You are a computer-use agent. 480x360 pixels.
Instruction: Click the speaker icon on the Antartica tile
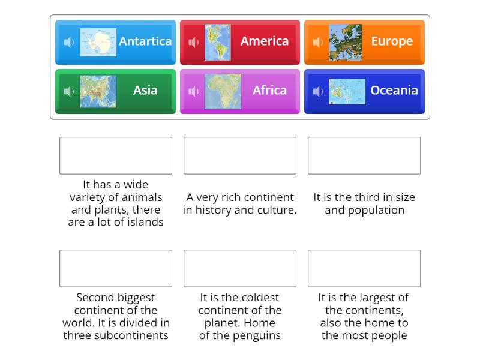coord(69,42)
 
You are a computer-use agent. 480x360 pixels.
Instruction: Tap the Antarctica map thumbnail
coord(98,42)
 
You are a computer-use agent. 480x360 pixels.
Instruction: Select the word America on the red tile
coord(264,41)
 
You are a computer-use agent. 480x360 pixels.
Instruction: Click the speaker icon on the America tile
coord(193,42)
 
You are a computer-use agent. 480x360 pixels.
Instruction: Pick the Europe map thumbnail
coord(345,42)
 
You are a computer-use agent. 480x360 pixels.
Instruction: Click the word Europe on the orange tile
coord(392,41)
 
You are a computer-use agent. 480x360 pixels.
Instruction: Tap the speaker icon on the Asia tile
coord(69,91)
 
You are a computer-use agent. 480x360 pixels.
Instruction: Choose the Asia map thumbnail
coord(98,91)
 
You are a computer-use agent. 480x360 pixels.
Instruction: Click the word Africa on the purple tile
coord(269,91)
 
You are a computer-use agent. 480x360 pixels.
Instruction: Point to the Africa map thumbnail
coord(223,91)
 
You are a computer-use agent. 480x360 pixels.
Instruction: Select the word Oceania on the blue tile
coord(394,91)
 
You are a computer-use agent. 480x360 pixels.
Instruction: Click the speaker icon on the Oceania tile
coord(317,91)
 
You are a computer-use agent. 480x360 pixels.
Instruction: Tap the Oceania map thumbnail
coord(347,91)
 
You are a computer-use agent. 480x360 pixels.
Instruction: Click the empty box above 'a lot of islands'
coord(116,155)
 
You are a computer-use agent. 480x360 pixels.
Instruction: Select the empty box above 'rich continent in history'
coord(240,155)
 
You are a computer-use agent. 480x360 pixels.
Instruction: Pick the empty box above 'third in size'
coord(364,155)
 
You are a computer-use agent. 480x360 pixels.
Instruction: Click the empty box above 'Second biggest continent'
coord(116,268)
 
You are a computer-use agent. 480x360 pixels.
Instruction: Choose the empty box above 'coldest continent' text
coord(240,268)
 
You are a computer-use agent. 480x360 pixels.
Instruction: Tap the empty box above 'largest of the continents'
coord(364,268)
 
